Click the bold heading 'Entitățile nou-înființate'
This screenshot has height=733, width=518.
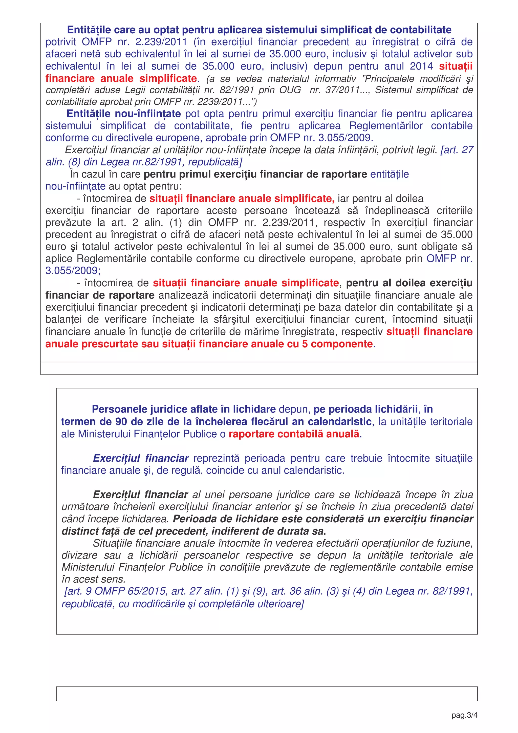point(123,114)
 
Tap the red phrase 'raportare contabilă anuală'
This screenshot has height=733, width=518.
point(294,434)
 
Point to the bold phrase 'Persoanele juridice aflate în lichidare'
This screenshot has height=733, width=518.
point(184,409)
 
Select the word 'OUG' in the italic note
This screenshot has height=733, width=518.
point(290,90)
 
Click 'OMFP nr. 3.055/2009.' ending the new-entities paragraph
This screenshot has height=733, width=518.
point(321,138)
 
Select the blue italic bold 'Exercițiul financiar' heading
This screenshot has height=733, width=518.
point(141,458)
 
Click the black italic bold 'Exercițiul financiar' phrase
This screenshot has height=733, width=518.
point(140,494)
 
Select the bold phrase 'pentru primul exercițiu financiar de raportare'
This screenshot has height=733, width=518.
point(255,174)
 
